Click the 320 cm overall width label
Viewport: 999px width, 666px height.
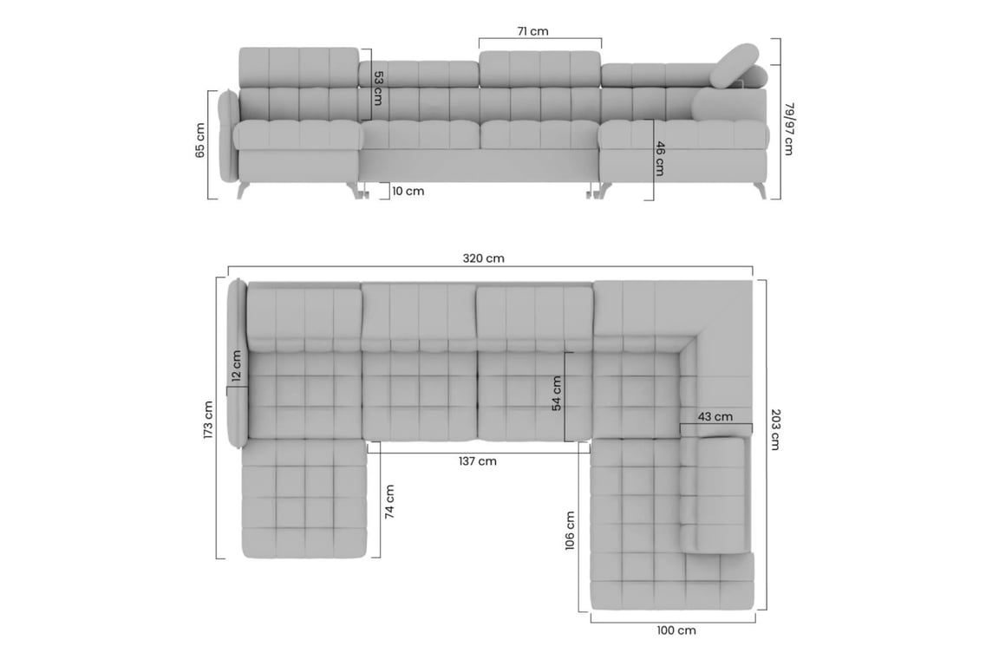pos(484,258)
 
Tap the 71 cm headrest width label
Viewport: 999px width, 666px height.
pos(532,31)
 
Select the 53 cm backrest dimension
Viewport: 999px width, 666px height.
pos(378,88)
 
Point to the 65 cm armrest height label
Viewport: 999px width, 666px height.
pos(200,140)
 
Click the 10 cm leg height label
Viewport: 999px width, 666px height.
pos(408,191)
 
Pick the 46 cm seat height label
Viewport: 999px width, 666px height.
pos(660,158)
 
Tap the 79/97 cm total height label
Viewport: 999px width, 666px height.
pos(789,128)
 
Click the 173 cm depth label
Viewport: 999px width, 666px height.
pos(208,420)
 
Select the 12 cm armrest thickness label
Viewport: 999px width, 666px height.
pos(237,366)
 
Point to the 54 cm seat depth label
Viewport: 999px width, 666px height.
pos(557,393)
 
